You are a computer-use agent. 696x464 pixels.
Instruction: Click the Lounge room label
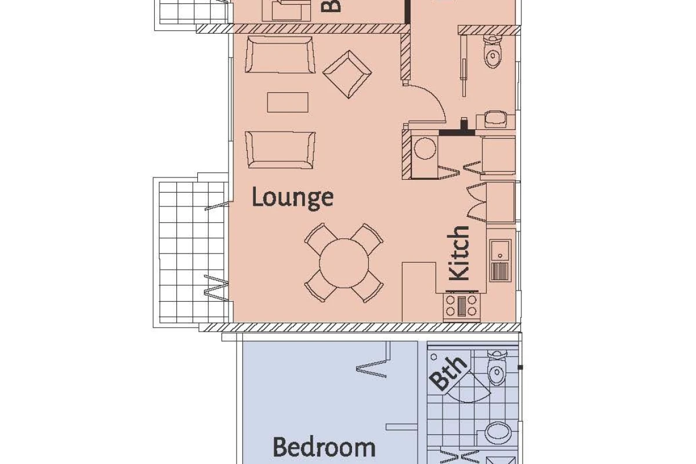pyautogui.click(x=293, y=198)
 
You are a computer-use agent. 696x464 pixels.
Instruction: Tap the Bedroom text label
pyautogui.click(x=324, y=448)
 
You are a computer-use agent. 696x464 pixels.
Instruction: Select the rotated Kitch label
pyautogui.click(x=459, y=253)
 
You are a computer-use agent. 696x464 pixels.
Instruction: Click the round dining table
pyautogui.click(x=345, y=263)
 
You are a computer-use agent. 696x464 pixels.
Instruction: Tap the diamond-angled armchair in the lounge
pyautogui.click(x=347, y=73)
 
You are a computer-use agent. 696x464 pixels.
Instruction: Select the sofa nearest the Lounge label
pyautogui.click(x=280, y=149)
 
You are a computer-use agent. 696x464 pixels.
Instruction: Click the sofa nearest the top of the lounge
pyautogui.click(x=281, y=55)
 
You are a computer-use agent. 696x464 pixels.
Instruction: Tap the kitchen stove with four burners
pyautogui.click(x=462, y=306)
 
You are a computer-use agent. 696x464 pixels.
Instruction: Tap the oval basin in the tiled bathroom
pyautogui.click(x=496, y=432)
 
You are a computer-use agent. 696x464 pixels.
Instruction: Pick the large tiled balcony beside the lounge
pyautogui.click(x=190, y=249)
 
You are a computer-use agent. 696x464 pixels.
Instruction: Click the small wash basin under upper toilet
pyautogui.click(x=495, y=119)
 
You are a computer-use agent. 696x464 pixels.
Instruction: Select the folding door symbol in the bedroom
pyautogui.click(x=372, y=368)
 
